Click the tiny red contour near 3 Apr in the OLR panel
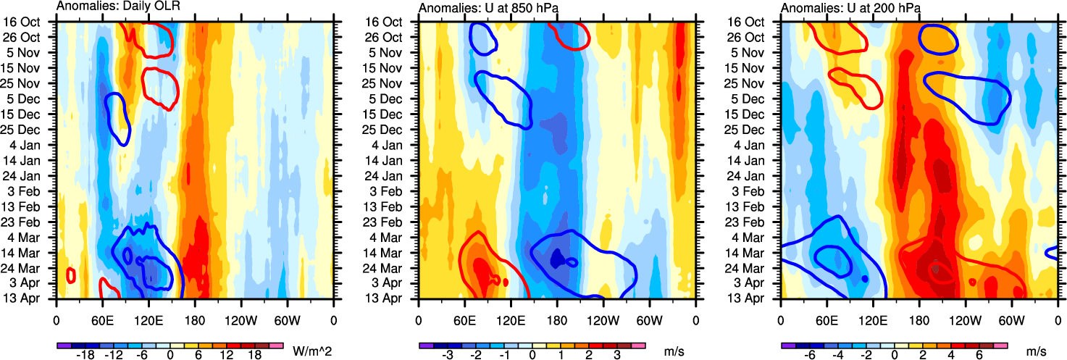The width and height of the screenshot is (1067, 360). click(x=71, y=275)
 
